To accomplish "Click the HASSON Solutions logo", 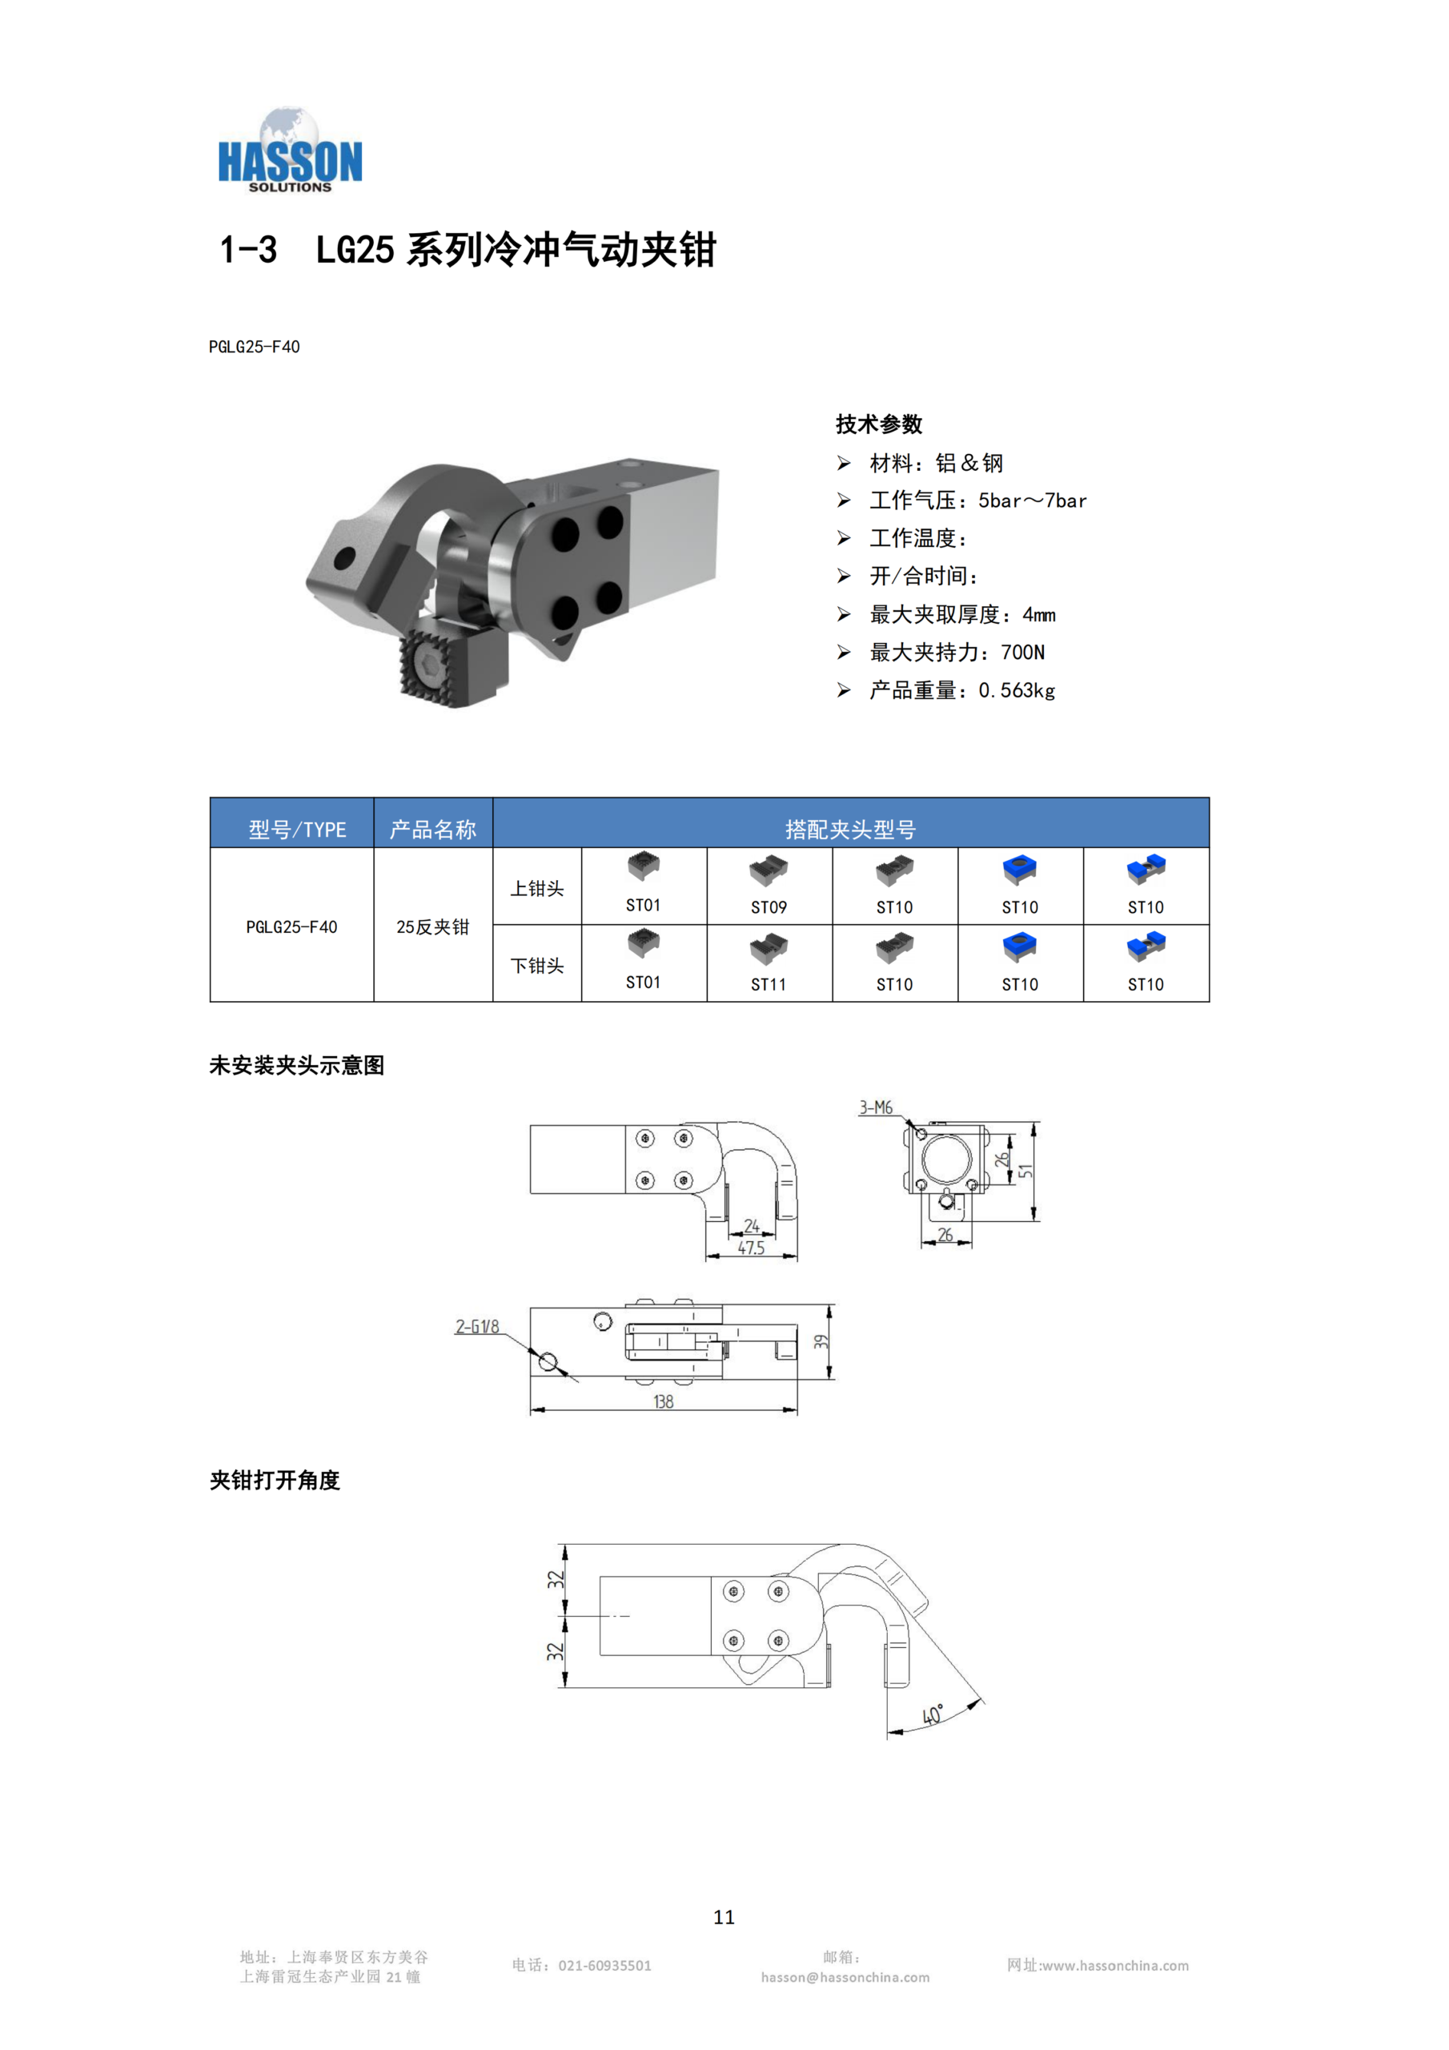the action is tap(290, 150).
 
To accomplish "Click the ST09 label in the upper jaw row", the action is tap(769, 907).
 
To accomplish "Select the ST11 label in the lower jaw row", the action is tap(769, 984).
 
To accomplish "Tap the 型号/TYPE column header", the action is tap(297, 830).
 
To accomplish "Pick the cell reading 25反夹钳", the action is tap(433, 927).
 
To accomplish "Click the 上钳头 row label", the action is tap(536, 888).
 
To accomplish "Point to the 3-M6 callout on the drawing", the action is tap(876, 1107).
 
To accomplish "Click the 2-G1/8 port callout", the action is tap(478, 1327).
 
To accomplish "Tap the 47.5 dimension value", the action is tap(751, 1248).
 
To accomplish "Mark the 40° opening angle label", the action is tap(933, 1715).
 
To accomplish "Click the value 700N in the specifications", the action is tap(1022, 653).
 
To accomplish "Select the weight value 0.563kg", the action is tap(1017, 690).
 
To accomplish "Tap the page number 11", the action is tap(724, 1917).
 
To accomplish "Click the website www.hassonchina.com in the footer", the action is tap(1115, 1965).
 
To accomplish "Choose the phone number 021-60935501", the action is tap(604, 1965).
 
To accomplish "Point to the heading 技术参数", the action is tap(878, 424).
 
